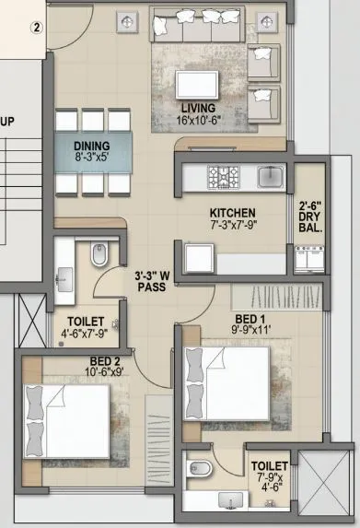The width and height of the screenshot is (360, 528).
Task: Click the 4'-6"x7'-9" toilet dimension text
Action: coord(84,334)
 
